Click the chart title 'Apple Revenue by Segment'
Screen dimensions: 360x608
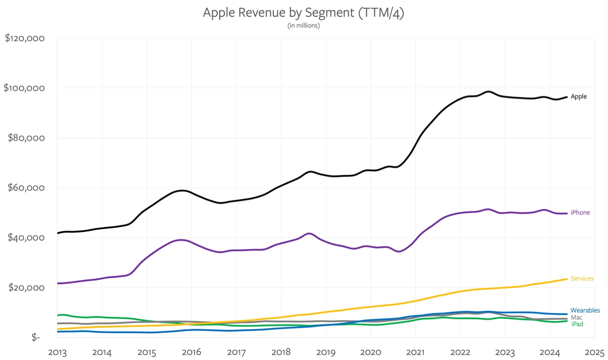click(304, 13)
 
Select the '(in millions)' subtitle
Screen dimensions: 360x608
click(304, 26)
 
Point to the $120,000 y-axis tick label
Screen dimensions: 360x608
click(25, 38)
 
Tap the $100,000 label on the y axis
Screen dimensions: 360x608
click(25, 88)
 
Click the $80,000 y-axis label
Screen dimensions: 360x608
click(26, 138)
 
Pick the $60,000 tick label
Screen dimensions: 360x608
click(26, 188)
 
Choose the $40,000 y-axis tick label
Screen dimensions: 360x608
click(26, 237)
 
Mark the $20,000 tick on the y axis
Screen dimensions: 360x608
click(26, 287)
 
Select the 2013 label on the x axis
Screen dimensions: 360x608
click(57, 353)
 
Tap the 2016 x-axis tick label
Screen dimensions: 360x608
click(191, 353)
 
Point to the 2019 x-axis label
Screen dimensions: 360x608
click(326, 353)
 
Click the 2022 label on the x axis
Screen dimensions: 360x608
click(460, 353)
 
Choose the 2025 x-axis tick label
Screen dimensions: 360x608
click(594, 353)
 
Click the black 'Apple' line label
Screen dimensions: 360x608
click(579, 97)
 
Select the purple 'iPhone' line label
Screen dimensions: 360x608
click(580, 213)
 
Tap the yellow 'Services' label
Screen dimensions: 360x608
click(582, 278)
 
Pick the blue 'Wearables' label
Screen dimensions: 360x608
click(585, 311)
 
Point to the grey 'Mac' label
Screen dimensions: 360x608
click(576, 317)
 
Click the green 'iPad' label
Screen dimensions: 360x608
click(577, 324)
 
